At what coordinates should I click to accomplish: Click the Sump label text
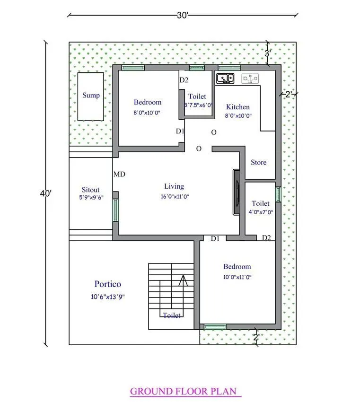point(91,95)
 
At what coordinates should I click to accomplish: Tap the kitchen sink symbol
point(225,79)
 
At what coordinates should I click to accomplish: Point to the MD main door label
point(119,174)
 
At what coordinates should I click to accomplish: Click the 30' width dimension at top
point(183,15)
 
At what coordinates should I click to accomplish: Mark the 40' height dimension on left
point(46,193)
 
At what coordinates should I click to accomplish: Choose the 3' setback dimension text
point(267,53)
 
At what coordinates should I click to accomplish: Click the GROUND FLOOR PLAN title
point(185,392)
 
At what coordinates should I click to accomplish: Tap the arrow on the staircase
point(183,282)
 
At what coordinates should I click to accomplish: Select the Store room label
point(258,162)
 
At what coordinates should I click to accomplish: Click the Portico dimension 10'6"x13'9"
point(107,297)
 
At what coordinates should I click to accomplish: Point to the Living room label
point(174,186)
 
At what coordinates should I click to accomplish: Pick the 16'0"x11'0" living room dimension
point(175,197)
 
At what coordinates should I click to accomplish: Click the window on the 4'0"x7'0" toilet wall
point(278,195)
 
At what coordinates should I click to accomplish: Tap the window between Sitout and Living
point(115,210)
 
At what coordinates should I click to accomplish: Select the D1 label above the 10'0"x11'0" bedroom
point(215,238)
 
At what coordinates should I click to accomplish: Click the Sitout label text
point(90,190)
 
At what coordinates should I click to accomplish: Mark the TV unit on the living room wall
point(236,192)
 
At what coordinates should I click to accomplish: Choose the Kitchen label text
point(237,107)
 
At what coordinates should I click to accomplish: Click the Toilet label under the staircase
point(172,315)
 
